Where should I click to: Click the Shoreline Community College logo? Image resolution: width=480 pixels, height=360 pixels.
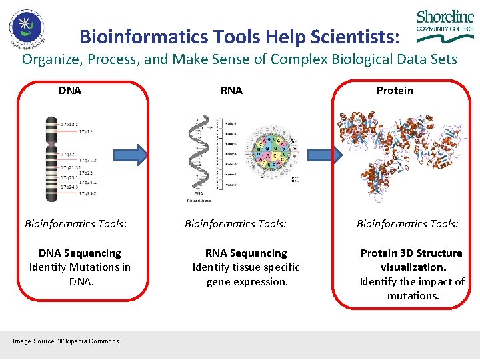tap(445, 27)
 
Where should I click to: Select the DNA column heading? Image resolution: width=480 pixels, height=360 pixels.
tap(70, 90)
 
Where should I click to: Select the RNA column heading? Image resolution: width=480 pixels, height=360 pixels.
tap(231, 90)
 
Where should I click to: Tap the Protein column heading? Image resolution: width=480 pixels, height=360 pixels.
tap(395, 90)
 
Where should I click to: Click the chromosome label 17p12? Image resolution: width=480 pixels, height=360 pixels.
tap(86, 132)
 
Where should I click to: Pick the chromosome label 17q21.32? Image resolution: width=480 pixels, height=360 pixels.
tap(70, 167)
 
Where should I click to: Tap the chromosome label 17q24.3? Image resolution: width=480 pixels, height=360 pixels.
tap(70, 187)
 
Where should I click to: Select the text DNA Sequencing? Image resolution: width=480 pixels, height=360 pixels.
tap(80, 253)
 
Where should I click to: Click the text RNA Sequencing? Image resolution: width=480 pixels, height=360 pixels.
tap(246, 253)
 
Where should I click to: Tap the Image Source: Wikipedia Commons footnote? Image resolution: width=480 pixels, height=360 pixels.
tap(66, 341)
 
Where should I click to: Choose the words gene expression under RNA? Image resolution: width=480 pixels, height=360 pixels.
tap(247, 281)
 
